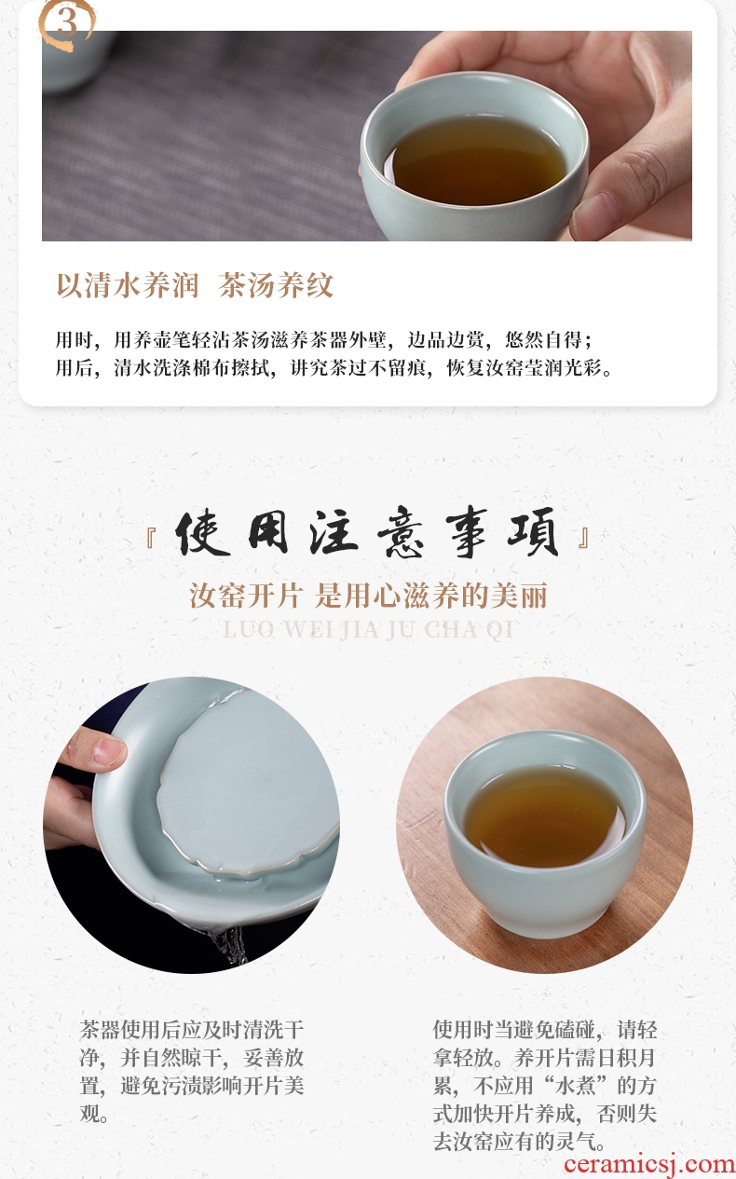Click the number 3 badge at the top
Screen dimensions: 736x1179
(66, 23)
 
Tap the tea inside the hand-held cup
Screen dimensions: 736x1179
(478, 160)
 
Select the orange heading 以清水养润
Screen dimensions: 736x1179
(128, 285)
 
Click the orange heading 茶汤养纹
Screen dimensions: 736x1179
(276, 285)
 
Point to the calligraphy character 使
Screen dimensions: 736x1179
(202, 533)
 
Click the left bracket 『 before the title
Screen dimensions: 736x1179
(151, 539)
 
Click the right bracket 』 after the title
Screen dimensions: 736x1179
(583, 539)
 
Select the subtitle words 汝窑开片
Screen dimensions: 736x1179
(246, 596)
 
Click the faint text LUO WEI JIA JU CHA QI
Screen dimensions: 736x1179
(368, 629)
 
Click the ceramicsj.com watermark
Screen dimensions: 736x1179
(649, 1164)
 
